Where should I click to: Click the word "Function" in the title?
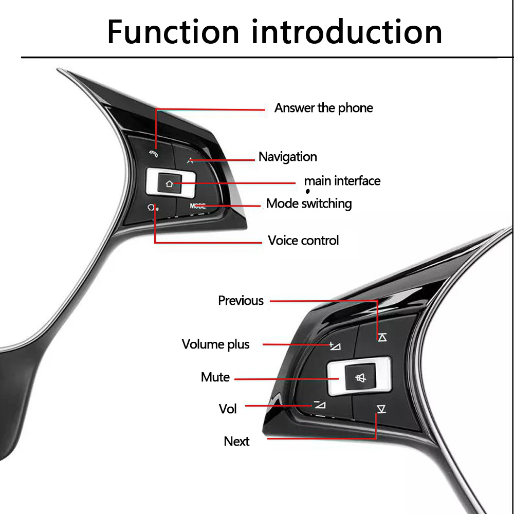(173, 32)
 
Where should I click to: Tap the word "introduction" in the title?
(347, 32)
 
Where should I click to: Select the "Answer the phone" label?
(323, 108)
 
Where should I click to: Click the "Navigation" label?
(287, 157)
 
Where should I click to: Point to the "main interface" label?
(342, 181)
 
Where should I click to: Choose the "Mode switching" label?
(309, 204)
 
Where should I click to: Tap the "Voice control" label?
(303, 241)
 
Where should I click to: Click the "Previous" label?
(241, 301)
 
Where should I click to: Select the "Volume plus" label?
(215, 344)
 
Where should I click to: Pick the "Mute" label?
(215, 377)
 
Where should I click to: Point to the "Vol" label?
(228, 409)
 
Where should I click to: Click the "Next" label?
(236, 442)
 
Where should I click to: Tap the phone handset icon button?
(153, 153)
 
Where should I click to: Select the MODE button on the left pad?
(197, 206)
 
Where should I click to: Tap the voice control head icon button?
(152, 208)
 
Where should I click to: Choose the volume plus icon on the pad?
(335, 345)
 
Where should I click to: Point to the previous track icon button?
(381, 337)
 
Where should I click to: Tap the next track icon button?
(381, 409)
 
